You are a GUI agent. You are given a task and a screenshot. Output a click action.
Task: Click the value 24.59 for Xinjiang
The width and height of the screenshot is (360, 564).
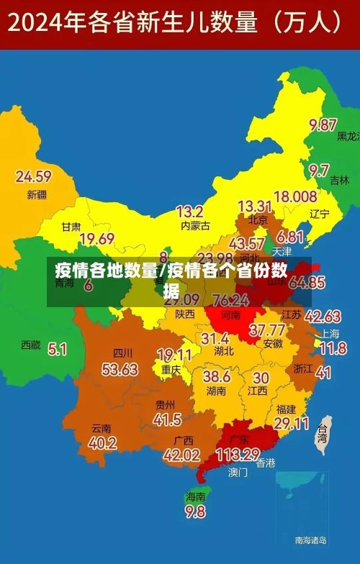33,176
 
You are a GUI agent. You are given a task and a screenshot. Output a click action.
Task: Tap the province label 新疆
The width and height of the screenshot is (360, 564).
37,194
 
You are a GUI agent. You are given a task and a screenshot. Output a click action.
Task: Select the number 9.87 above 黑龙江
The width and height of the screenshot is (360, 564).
323,125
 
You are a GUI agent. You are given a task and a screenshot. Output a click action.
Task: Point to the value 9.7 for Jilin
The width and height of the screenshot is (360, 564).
320,170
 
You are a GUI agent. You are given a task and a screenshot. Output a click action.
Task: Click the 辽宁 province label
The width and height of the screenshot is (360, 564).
320,214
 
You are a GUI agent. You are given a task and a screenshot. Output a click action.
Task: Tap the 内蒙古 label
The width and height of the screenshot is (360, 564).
194,226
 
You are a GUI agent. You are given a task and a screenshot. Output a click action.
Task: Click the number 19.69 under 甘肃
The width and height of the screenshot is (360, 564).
96,239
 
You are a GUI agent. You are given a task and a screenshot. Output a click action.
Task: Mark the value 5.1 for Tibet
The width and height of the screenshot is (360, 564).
58,350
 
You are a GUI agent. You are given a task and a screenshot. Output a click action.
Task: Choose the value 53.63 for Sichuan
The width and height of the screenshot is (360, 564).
120,369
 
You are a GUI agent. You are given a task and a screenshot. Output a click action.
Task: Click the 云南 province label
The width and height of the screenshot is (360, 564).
102,427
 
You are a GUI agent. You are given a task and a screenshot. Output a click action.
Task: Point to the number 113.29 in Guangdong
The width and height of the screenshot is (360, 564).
237,455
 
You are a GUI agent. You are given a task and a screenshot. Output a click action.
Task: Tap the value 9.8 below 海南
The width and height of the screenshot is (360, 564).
195,512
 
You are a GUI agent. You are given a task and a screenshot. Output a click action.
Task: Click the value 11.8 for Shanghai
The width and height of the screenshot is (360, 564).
333,349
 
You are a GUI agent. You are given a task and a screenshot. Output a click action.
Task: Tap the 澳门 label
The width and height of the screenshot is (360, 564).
238,473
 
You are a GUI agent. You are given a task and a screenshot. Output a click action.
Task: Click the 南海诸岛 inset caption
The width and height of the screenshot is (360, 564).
311,540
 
